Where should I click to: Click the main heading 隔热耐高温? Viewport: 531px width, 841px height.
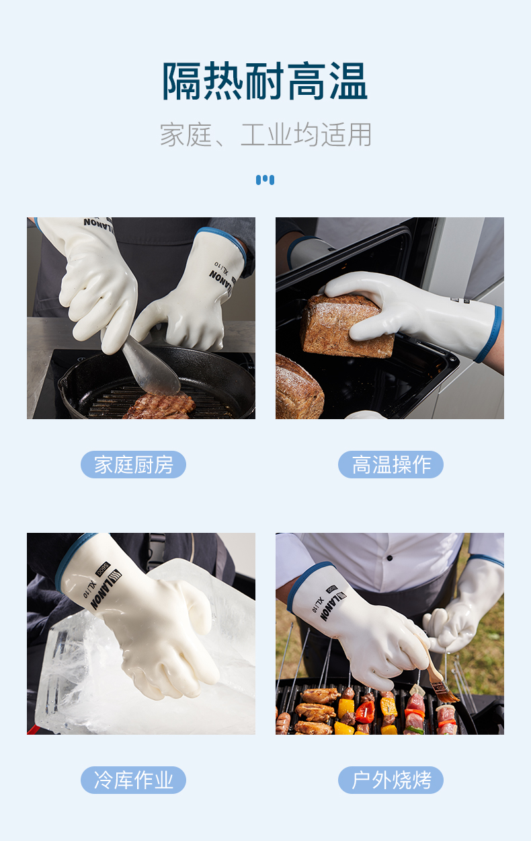(x=265, y=81)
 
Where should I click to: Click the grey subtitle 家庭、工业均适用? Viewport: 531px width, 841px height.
(x=265, y=135)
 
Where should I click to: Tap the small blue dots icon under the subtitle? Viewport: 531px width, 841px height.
(x=265, y=180)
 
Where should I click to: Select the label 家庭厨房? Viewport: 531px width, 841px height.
(x=134, y=464)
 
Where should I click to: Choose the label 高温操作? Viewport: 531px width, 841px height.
(x=391, y=464)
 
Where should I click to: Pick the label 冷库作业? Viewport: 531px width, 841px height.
(x=134, y=780)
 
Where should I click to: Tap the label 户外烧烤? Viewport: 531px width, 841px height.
(x=391, y=780)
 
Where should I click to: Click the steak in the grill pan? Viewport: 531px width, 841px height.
(x=159, y=406)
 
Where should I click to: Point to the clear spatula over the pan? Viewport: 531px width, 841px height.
(x=150, y=366)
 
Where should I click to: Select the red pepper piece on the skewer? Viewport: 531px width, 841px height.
(x=365, y=712)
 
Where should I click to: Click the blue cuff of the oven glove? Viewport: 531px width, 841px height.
(x=489, y=334)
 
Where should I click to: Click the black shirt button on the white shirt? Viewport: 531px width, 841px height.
(x=390, y=558)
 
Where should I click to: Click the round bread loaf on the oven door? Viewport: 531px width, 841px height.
(x=299, y=387)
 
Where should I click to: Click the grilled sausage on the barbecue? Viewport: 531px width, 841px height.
(x=283, y=723)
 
